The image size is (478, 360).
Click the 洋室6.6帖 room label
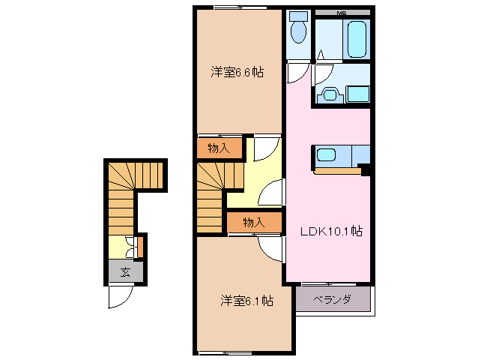[237, 73]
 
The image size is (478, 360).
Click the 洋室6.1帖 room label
[246, 301]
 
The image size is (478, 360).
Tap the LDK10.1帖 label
[332, 232]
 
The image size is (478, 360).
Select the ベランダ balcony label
[332, 300]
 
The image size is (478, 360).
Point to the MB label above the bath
[341, 13]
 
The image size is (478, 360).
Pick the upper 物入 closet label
[219, 148]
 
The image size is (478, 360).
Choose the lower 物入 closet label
[254, 222]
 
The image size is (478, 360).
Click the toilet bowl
[298, 30]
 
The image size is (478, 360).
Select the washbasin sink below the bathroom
[330, 94]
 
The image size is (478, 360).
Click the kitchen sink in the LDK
[327, 156]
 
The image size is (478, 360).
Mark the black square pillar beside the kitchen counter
[366, 169]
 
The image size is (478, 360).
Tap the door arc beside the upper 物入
[264, 148]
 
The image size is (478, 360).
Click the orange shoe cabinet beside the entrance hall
[139, 245]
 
